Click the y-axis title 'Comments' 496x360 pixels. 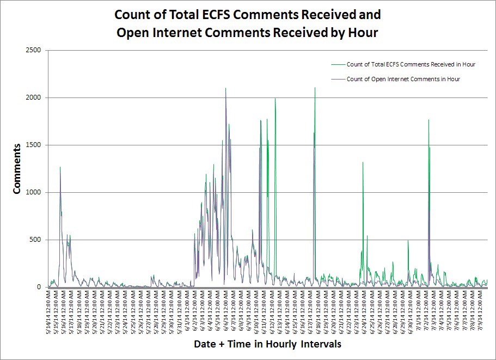click(17, 169)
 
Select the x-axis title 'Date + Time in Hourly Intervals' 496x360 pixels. click(267, 344)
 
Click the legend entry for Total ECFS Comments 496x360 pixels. click(411, 64)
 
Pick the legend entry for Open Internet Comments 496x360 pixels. click(403, 79)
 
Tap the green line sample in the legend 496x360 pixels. click(338, 64)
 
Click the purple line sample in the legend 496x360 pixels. click(338, 79)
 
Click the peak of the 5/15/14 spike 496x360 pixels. click(60, 167)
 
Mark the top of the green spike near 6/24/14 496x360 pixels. click(363, 162)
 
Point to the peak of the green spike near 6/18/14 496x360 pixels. click(315, 88)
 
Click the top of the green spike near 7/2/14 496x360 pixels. click(428, 120)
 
